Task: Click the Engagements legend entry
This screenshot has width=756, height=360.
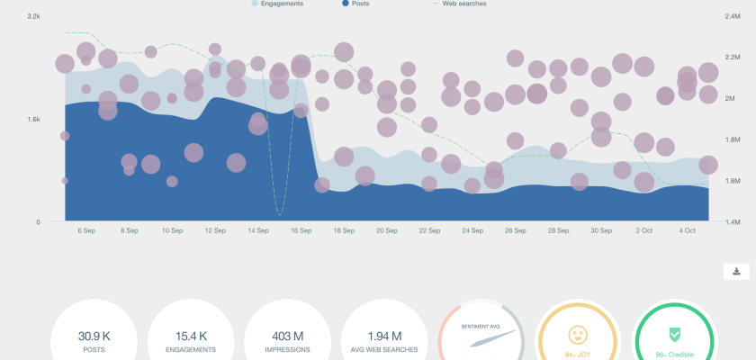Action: point(282,4)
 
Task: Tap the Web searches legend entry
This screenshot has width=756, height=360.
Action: point(464,4)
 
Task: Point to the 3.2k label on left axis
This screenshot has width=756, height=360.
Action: point(34,16)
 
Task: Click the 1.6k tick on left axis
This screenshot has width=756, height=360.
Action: point(34,119)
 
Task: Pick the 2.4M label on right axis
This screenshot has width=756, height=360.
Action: point(732,16)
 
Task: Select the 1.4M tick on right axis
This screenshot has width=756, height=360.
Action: point(732,221)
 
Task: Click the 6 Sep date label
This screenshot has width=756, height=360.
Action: point(86,231)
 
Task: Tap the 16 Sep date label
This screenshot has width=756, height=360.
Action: point(301,231)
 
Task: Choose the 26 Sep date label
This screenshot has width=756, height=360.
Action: point(515,231)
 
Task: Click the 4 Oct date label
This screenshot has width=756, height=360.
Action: point(686,231)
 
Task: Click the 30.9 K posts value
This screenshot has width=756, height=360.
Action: point(93,335)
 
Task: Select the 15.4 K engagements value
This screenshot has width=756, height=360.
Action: point(190,335)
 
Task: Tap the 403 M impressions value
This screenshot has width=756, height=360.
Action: point(287,335)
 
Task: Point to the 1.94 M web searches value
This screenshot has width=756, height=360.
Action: point(384,335)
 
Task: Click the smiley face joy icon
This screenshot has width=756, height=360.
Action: point(578,335)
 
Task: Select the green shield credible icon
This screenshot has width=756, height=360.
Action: point(675,335)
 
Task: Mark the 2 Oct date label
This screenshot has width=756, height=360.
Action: point(643,231)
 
